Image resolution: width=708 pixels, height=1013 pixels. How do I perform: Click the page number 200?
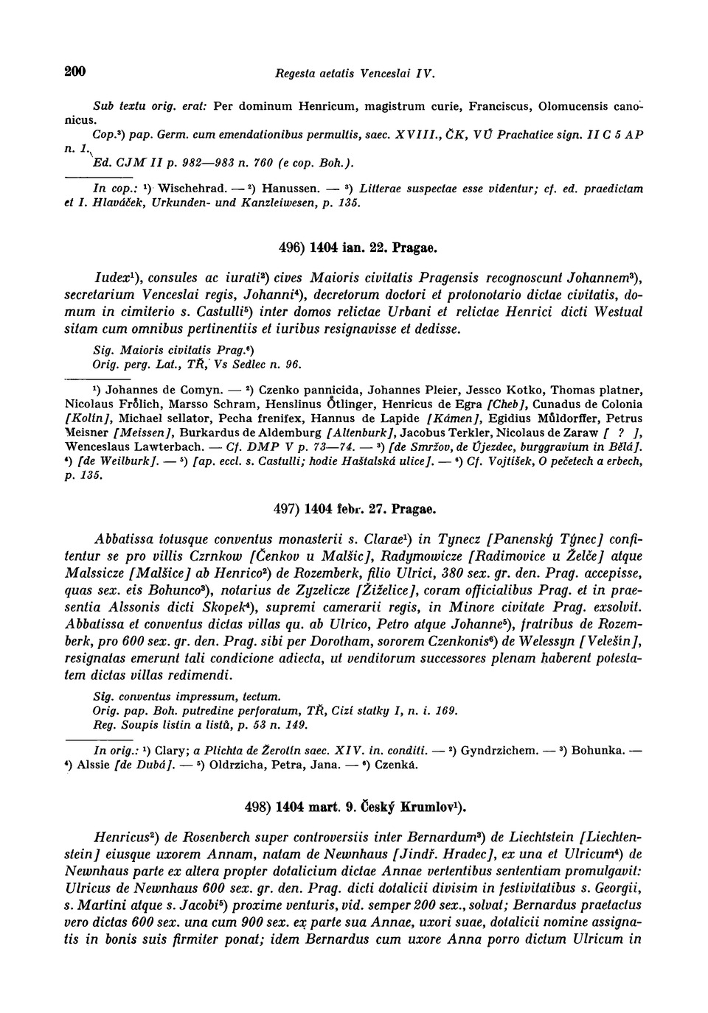75,71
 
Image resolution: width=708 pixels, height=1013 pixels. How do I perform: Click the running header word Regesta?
296,73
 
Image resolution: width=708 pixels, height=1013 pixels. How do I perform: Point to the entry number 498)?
258,807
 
